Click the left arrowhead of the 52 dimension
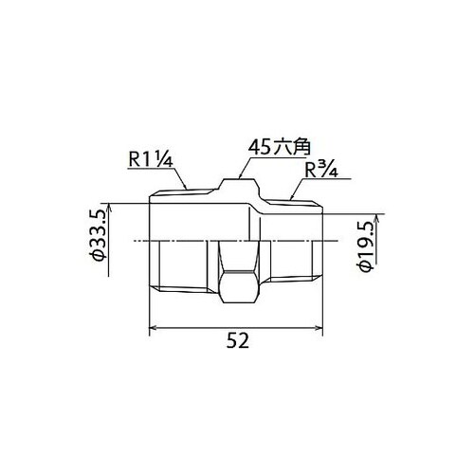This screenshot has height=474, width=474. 155,329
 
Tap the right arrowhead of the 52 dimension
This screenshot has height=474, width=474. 323,329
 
